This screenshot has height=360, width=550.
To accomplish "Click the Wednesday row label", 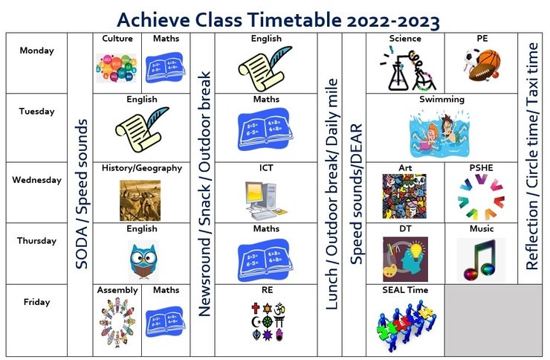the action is [37, 180].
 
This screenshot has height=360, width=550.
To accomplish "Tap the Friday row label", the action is [37, 302].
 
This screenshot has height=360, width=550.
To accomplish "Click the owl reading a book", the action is [143, 260].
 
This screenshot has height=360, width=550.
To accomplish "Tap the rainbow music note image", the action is [482, 259].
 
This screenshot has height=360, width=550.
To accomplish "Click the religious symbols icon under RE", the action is [268, 321].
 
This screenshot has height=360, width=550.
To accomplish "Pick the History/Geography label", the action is [142, 168].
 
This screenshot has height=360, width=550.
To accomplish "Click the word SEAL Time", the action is [405, 290].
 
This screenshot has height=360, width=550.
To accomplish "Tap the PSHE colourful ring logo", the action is [481, 197].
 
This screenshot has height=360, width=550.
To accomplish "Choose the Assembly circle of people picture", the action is [117, 322].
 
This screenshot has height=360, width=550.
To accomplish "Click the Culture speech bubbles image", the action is [116, 68].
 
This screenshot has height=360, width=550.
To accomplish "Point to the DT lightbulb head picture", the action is [406, 259].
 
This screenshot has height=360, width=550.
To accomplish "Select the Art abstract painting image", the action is [404, 196].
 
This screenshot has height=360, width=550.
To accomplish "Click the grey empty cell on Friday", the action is [494, 321].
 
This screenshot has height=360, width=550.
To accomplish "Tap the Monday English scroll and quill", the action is [265, 68].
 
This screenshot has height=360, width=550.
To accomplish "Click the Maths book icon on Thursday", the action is [265, 260].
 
